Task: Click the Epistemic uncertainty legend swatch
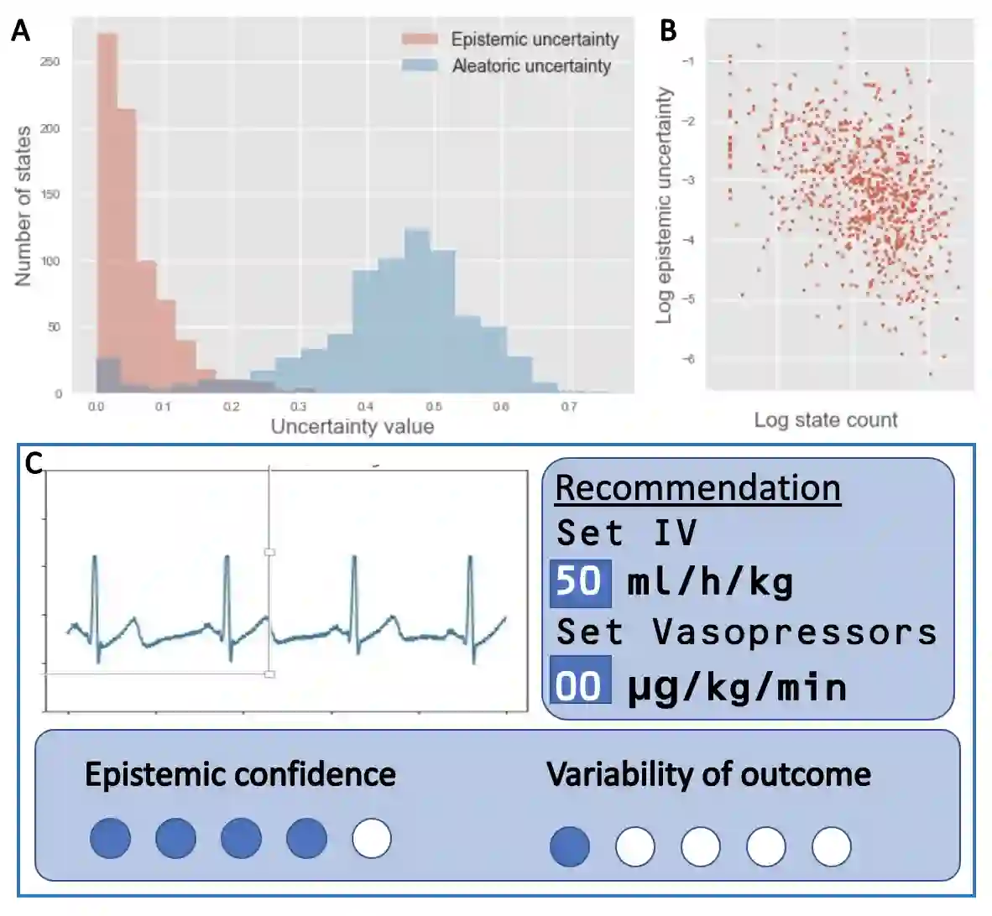419,39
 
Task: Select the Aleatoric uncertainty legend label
531,65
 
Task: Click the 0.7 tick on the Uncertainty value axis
569,407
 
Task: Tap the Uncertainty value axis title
352,426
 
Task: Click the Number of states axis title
23,206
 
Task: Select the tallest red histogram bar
107,210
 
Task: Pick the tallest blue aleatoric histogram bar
417,310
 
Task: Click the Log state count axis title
826,419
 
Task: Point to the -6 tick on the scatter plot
688,359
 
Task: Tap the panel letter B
668,31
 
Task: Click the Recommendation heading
697,487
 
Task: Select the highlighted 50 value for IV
580,581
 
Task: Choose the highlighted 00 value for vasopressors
580,685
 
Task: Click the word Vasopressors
795,632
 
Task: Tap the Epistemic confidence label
240,773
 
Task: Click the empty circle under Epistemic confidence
372,838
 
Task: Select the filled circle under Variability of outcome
570,846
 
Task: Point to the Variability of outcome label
708,773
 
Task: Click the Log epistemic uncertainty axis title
665,206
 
